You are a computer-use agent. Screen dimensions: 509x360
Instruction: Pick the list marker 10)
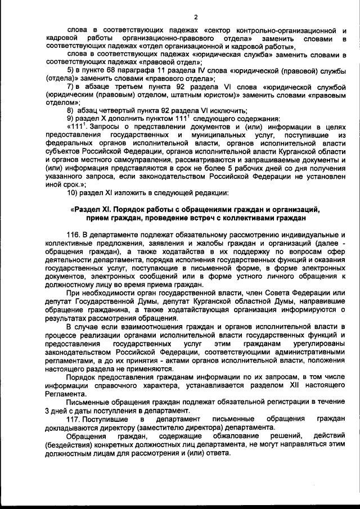point(72,193)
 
